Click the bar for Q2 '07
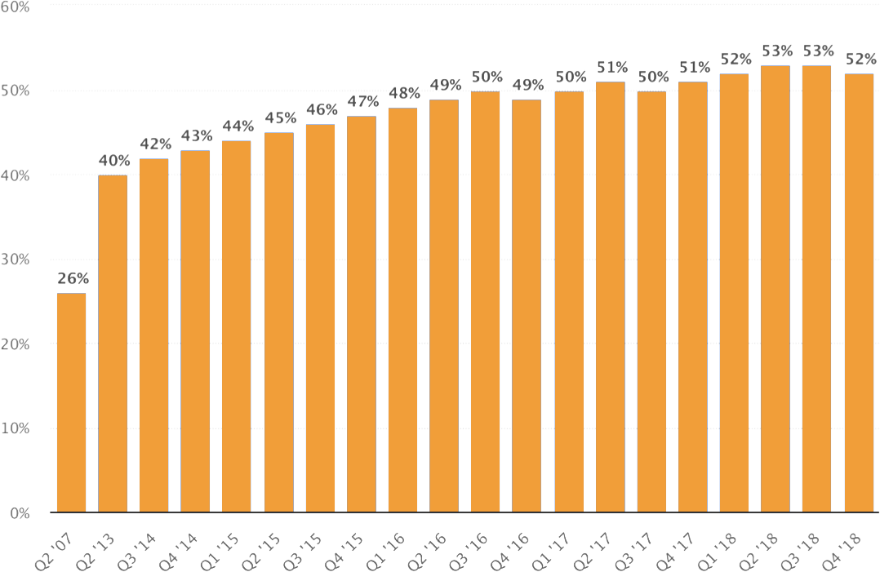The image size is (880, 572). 71,402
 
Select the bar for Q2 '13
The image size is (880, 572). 113,344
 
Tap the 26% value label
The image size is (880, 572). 73,278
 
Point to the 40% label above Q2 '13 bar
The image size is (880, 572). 114,161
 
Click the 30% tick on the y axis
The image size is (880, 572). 16,259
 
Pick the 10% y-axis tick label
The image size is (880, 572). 16,429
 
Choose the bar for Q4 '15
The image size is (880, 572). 362,314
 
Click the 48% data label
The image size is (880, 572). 404,93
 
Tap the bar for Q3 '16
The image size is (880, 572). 485,302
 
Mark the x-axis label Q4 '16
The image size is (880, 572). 509,552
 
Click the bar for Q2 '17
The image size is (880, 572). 610,297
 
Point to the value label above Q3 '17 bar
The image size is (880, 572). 653,77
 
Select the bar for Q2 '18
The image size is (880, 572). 775,289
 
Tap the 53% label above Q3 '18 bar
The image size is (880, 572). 818,51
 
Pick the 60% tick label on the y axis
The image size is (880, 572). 16,7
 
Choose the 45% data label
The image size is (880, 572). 281,118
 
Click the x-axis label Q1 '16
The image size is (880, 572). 384,552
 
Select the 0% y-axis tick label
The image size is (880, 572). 20,513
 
